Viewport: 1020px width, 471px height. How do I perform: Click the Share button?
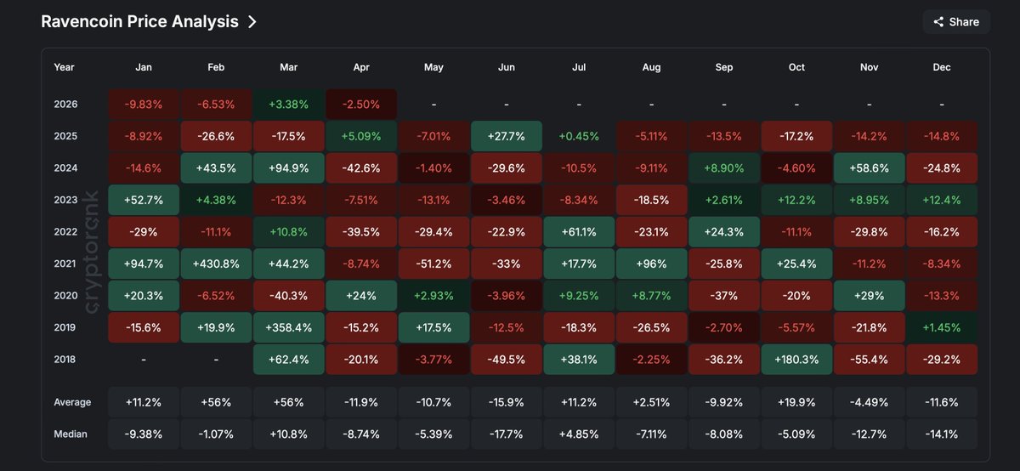coord(956,22)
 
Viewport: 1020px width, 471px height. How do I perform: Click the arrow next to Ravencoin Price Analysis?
coord(252,22)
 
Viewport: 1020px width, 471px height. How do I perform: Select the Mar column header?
coord(288,67)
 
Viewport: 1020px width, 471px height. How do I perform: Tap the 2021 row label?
coord(65,264)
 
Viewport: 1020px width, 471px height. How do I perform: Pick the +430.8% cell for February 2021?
coord(216,264)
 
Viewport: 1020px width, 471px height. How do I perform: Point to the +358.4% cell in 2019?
coord(288,327)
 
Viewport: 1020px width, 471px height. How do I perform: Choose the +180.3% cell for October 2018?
coord(796,359)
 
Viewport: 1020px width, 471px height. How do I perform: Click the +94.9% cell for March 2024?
coord(288,168)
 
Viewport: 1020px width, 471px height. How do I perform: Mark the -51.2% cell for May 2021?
coord(433,264)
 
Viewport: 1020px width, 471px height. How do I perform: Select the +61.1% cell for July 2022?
coord(579,232)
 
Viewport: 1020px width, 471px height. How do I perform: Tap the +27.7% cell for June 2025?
coord(506,136)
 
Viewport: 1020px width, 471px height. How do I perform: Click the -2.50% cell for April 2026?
coord(361,105)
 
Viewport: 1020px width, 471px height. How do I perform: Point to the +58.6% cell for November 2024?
coord(869,168)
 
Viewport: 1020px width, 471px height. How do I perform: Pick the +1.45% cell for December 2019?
coord(941,327)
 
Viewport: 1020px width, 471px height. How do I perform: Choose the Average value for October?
coord(796,402)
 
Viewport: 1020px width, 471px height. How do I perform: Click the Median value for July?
coord(579,434)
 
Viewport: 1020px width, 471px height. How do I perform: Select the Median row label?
coord(71,434)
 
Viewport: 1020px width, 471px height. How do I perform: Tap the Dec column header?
coord(941,67)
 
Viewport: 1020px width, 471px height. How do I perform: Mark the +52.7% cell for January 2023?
coord(144,200)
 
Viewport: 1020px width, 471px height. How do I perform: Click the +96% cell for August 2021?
coord(651,264)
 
